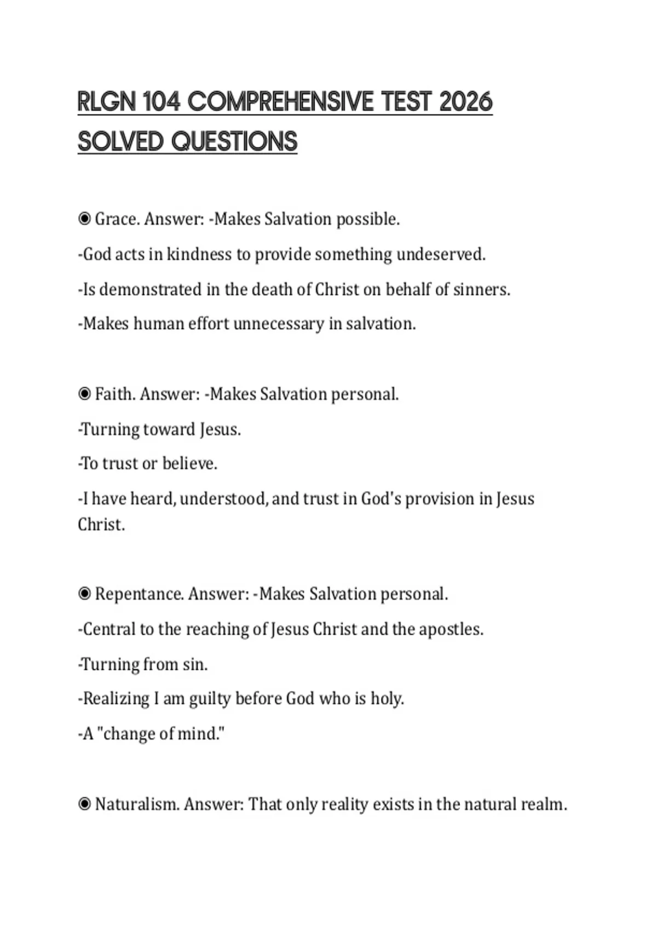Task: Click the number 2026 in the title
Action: (466, 102)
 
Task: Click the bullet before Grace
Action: (84, 219)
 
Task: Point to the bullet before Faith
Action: (84, 394)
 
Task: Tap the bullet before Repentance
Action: (84, 594)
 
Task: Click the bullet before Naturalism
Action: (84, 804)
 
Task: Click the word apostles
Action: (451, 629)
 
